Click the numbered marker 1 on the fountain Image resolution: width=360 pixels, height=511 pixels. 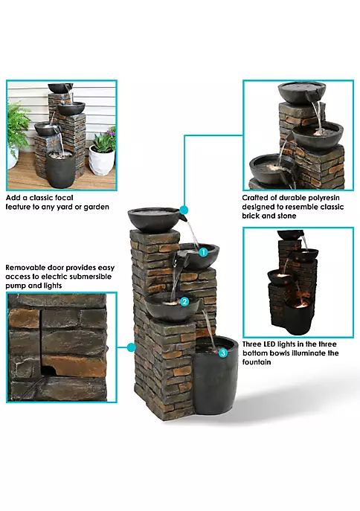[x=203, y=252]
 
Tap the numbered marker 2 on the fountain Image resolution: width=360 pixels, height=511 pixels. [x=184, y=302]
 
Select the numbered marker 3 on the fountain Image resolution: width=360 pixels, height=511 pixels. [x=223, y=353]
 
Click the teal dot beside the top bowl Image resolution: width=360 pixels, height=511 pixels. [x=184, y=210]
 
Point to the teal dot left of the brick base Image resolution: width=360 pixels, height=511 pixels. [x=132, y=347]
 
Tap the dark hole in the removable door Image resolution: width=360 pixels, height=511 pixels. [x=48, y=370]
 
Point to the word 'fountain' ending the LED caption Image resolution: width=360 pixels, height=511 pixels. [x=257, y=362]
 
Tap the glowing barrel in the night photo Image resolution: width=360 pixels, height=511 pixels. [x=299, y=317]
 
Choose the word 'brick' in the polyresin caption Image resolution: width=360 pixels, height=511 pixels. [x=250, y=216]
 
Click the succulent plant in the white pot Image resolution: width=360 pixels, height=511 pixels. [x=103, y=141]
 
